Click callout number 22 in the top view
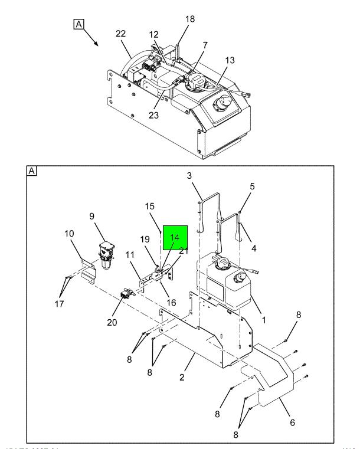pos(120,34)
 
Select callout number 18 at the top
pos(190,19)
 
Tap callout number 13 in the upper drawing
pos(230,60)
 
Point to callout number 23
pos(154,114)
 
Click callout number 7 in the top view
pos(205,45)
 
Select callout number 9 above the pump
pos(92,215)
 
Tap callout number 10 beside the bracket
pos(70,233)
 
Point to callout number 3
pos(189,175)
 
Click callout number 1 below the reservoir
pos(263,320)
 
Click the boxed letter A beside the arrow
pos(79,24)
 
